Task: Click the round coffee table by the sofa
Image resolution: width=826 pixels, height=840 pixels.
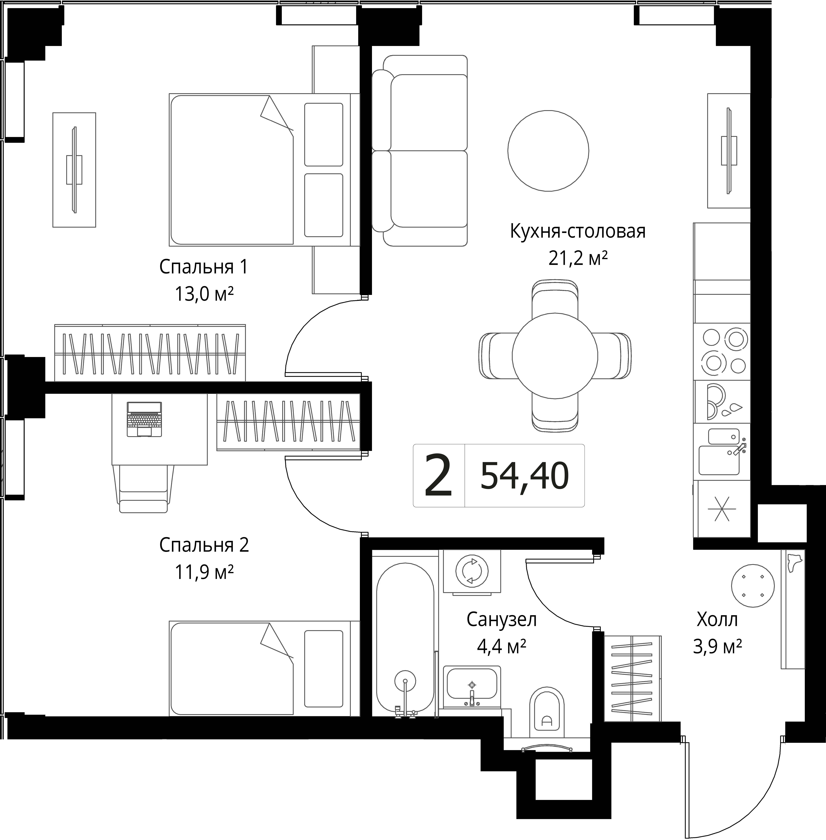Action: (x=548, y=151)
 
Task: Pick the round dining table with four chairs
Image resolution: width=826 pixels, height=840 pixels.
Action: (x=555, y=355)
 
